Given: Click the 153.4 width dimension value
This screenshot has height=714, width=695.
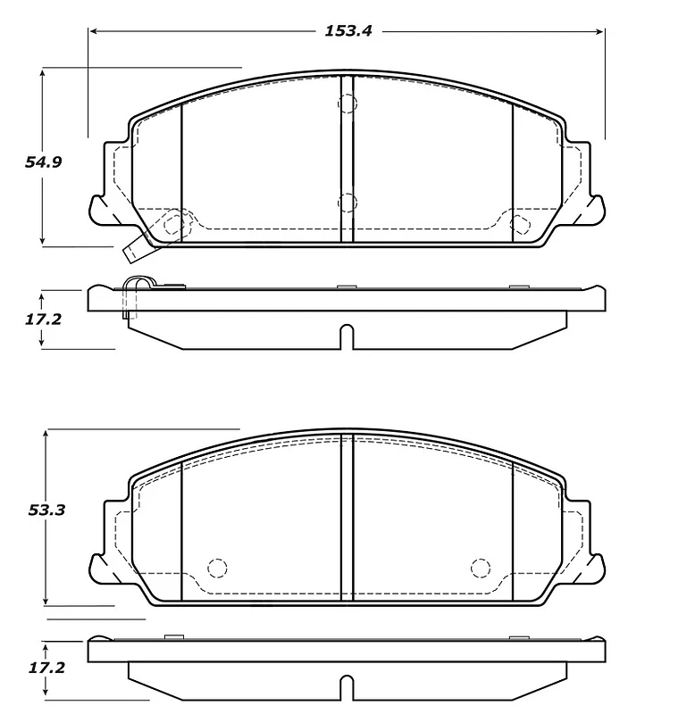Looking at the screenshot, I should pyautogui.click(x=347, y=30).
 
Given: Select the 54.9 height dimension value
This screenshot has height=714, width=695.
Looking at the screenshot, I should pyautogui.click(x=42, y=162).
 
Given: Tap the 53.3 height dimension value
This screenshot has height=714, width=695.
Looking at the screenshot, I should pyautogui.click(x=47, y=511).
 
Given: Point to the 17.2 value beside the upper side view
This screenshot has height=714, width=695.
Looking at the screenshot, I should pyautogui.click(x=43, y=319).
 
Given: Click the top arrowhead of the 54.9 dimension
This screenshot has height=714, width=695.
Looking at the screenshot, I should pyautogui.click(x=43, y=72).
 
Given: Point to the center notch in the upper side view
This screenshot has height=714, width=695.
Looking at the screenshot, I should pyautogui.click(x=347, y=337).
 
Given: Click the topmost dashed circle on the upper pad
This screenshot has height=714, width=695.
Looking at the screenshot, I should pyautogui.click(x=347, y=104).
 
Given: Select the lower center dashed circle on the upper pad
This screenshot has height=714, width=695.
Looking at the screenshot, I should pyautogui.click(x=347, y=203).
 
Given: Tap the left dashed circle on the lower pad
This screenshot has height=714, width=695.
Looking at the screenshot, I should pyautogui.click(x=217, y=568).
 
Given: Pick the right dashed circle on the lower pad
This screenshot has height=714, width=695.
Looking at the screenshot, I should pyautogui.click(x=481, y=568).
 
